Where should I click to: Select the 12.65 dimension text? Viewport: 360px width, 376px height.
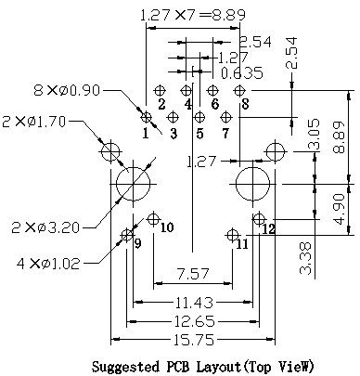click(x=194, y=321)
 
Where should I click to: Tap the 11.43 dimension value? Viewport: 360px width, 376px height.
click(x=194, y=303)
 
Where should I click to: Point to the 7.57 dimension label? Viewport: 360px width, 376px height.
click(x=192, y=274)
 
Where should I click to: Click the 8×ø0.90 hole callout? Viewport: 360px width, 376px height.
click(x=67, y=90)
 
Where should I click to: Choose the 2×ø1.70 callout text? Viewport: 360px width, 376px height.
click(x=33, y=122)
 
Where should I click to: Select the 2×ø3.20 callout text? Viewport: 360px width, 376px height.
click(x=45, y=227)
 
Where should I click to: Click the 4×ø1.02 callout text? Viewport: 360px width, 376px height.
click(x=48, y=264)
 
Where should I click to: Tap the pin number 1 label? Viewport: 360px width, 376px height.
click(x=146, y=134)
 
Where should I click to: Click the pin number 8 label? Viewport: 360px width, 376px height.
click(x=245, y=104)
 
